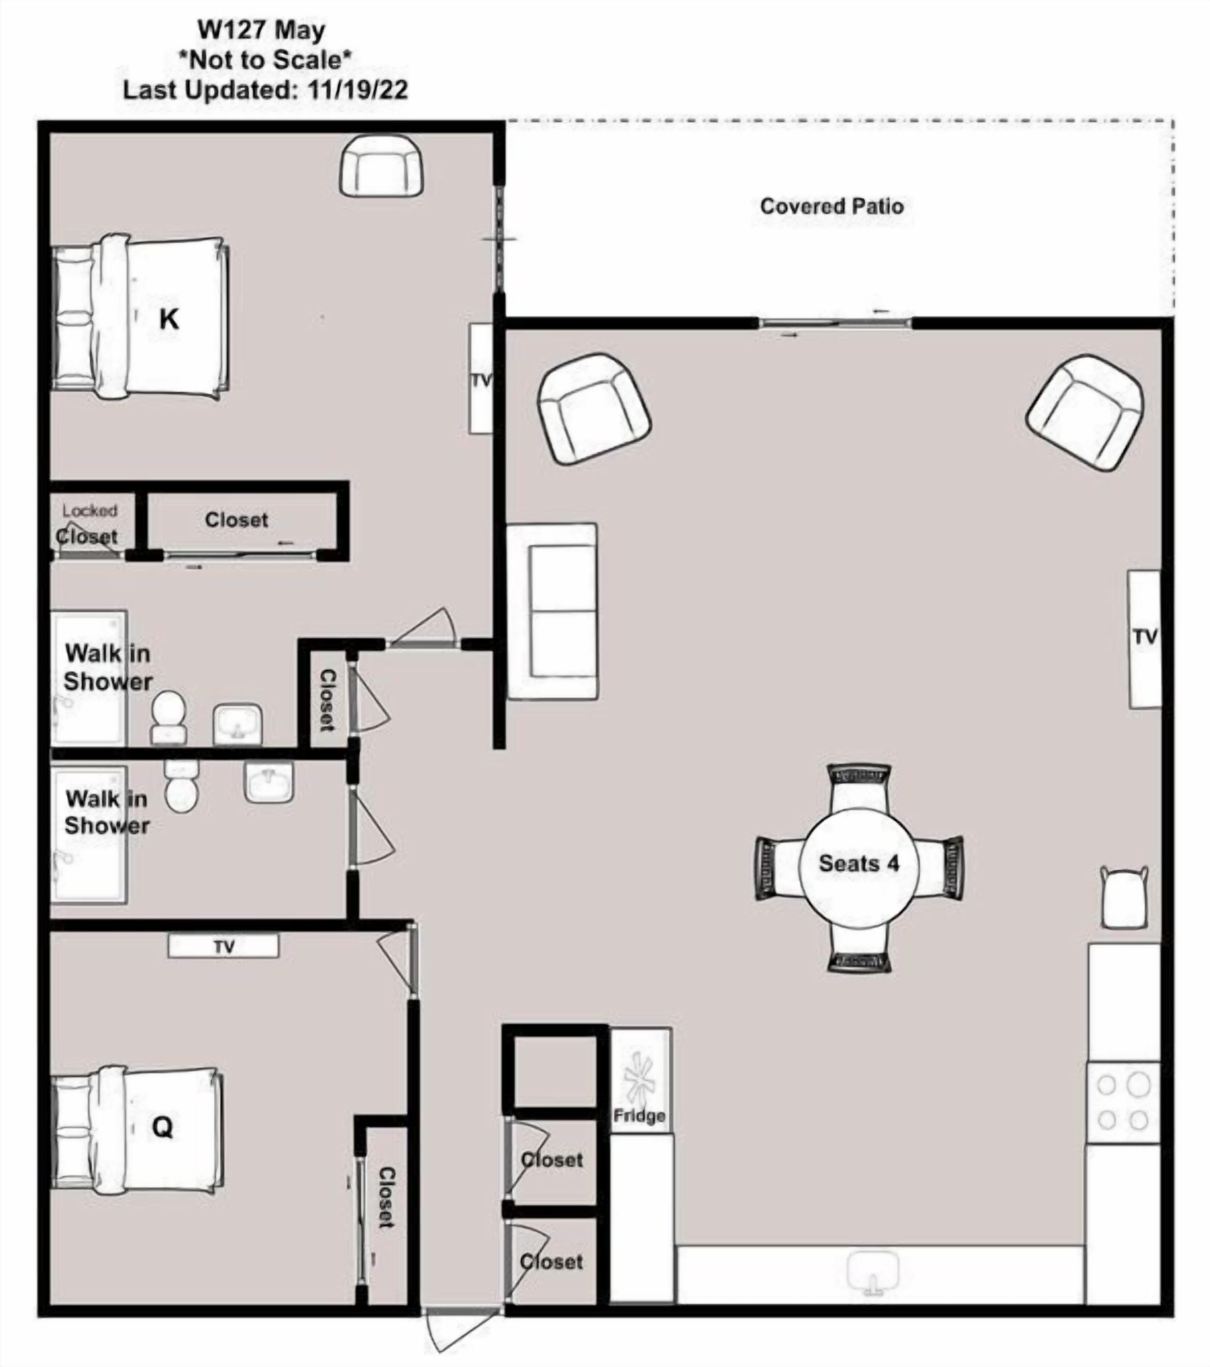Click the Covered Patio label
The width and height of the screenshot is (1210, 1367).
831,206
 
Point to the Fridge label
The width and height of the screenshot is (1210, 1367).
640,1116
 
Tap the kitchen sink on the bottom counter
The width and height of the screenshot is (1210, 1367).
873,1273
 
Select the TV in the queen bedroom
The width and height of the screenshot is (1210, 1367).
223,946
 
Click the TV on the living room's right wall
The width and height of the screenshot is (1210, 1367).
1145,639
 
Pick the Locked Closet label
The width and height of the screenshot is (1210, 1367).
88,524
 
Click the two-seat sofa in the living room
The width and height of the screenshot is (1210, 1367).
552,611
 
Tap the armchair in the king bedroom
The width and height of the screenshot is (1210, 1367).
381,165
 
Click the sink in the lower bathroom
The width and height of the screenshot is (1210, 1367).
269,782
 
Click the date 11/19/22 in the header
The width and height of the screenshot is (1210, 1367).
357,90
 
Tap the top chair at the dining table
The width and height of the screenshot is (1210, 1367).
860,789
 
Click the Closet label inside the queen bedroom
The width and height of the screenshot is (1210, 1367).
386,1197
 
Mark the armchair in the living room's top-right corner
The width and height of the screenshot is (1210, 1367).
1085,412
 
